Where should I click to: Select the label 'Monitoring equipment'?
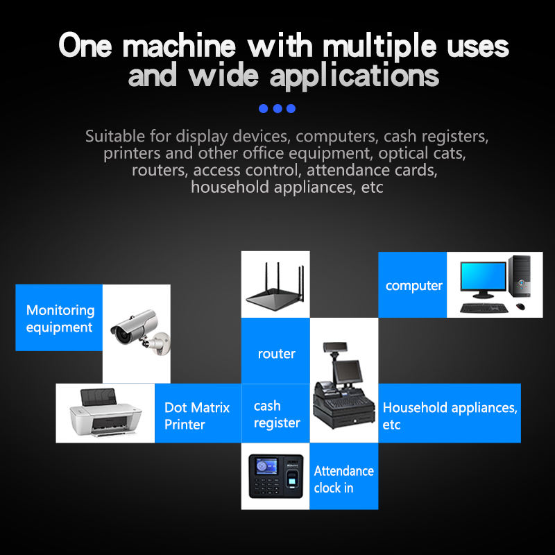click(60, 318)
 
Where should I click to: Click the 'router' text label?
click(276, 354)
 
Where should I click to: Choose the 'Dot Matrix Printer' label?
click(196, 416)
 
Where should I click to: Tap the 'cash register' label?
click(277, 414)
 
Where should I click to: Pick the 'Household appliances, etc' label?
click(450, 416)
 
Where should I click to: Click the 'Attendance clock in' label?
click(343, 479)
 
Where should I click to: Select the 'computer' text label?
click(413, 286)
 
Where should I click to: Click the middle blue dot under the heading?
click(277, 108)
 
